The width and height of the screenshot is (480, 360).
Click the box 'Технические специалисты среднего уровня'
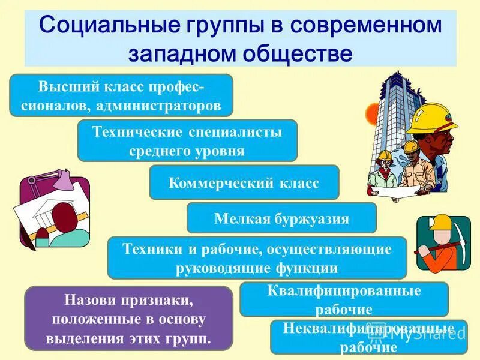pyautogui.click(x=187, y=140)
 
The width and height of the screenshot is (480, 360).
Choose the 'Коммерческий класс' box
pyautogui.click(x=244, y=182)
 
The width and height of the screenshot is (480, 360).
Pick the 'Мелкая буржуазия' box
pyautogui.click(x=281, y=218)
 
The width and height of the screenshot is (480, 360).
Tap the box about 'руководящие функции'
pyautogui.click(x=257, y=257)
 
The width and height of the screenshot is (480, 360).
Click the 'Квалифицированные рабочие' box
pyautogui.click(x=344, y=299)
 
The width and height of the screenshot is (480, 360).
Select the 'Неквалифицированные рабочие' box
pyautogui.click(x=368, y=337)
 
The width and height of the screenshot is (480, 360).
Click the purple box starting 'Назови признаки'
pyautogui.click(x=128, y=318)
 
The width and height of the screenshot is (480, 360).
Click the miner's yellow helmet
pyautogui.click(x=442, y=222)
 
